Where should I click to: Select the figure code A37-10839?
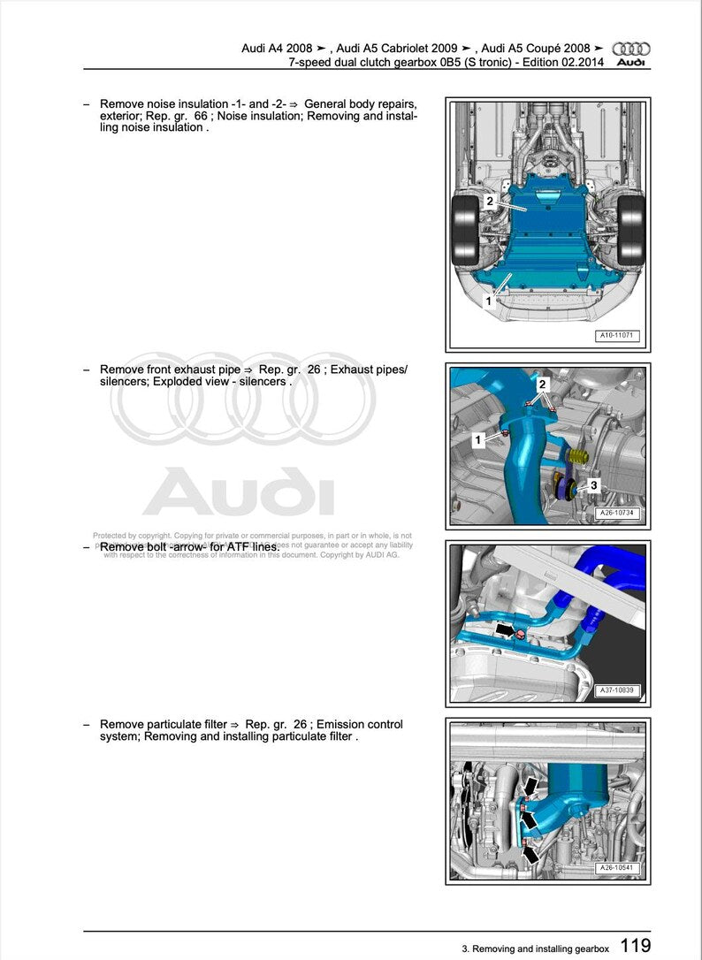(x=617, y=690)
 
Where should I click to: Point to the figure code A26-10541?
(x=617, y=867)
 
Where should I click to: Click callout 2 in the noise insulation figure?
(x=489, y=202)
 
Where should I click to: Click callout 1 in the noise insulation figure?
(x=488, y=301)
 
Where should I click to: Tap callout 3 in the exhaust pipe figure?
(x=593, y=484)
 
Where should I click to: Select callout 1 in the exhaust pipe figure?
(x=478, y=439)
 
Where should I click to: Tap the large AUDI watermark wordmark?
(x=239, y=491)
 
